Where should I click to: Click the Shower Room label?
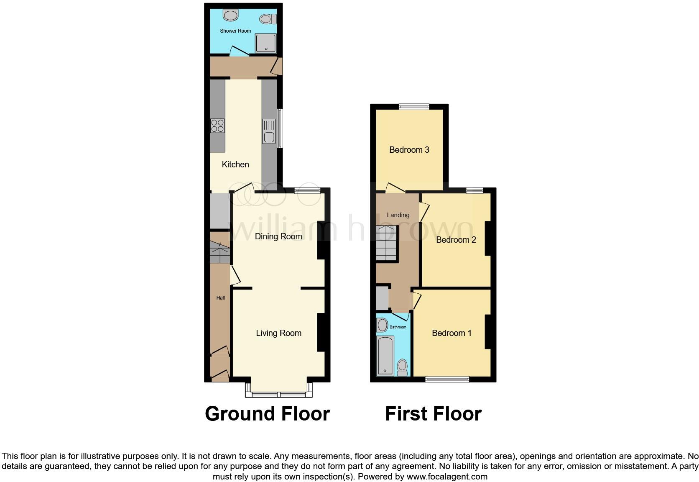point(235,31)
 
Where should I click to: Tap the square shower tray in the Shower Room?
point(266,43)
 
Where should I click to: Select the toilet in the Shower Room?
point(267,19)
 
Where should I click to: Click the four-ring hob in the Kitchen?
point(217,126)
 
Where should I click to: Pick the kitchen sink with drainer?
point(269,131)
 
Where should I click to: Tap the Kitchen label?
point(235,164)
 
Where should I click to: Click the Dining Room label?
point(278,236)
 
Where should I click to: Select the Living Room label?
point(278,333)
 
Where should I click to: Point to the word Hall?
point(220,298)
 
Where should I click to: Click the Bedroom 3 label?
point(409,150)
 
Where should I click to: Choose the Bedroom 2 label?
point(456,240)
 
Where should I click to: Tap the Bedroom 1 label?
point(452,333)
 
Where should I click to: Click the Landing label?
point(398,215)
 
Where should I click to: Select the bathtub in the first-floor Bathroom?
point(385,355)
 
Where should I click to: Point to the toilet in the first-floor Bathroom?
point(402,367)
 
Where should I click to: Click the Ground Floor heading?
point(267,414)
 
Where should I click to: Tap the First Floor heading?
point(433,414)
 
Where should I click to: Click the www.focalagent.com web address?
point(447,477)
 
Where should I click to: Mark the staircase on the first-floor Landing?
point(386,244)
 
